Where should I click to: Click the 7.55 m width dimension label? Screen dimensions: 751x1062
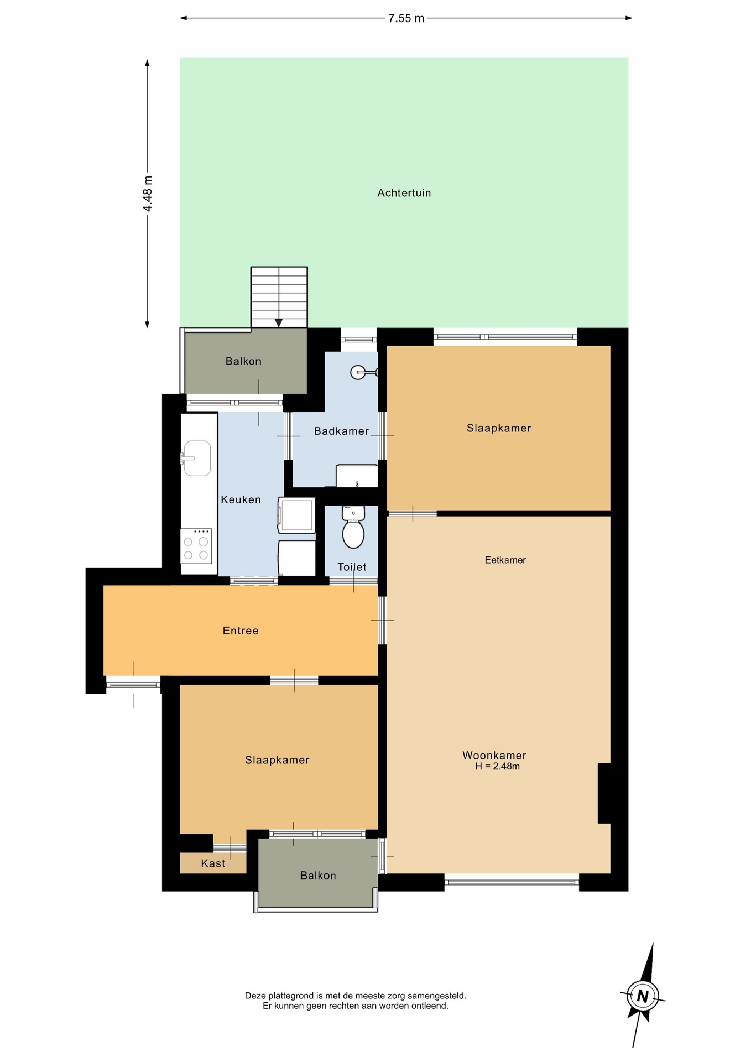point(406,18)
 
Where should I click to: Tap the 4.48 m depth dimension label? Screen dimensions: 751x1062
point(148,193)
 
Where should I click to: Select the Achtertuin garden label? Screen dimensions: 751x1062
point(404,193)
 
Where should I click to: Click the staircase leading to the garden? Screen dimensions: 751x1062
point(279,298)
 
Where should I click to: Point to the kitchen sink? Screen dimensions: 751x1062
point(196,458)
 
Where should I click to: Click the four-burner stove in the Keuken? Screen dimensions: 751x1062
point(196,546)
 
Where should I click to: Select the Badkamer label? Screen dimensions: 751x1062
point(341,431)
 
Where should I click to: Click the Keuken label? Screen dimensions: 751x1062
point(241,499)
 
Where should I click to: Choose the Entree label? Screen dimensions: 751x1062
point(241,631)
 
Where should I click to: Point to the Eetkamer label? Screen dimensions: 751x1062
point(505,560)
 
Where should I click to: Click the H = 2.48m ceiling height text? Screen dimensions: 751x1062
point(497,766)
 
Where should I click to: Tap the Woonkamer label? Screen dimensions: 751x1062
point(494,755)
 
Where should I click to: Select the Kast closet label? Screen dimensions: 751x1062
point(213,863)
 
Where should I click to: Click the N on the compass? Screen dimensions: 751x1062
point(643,996)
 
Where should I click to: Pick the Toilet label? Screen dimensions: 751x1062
point(352,567)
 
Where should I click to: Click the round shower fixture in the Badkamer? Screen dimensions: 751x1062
point(357,372)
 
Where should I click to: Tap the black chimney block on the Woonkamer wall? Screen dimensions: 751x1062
point(604,793)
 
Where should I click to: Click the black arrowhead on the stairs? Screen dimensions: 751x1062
point(279,323)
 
